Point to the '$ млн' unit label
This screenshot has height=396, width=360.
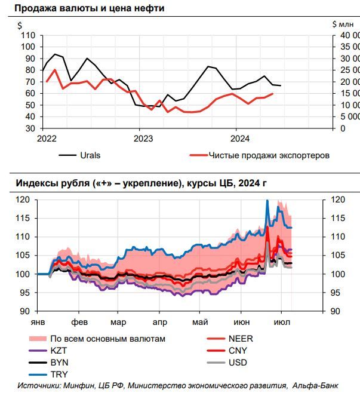[x=343, y=24]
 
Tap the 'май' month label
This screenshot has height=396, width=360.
[x=201, y=321]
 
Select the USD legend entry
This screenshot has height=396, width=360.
[x=238, y=363]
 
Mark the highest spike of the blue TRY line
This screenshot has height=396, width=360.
[x=267, y=201]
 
